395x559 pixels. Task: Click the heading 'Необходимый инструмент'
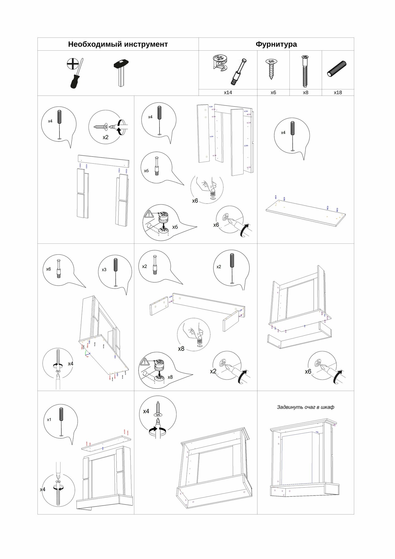pos(118,44)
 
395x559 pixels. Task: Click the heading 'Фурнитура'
pos(276,44)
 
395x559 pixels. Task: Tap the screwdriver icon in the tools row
pos(75,73)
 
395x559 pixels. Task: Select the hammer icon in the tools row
pos(121,72)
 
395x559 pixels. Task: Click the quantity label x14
pos(228,93)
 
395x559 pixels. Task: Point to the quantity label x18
pos(338,93)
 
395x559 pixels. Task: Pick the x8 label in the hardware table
pos(306,93)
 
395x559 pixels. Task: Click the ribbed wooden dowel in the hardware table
pos(337,69)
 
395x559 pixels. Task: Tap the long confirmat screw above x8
pos(305,71)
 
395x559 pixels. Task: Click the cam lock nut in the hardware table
pos(219,63)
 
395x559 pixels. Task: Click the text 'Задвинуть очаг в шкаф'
pos(305,407)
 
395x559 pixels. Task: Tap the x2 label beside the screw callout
pos(105,137)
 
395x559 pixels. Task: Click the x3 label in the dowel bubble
pos(104,270)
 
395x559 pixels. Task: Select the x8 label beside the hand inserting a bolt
pos(181,349)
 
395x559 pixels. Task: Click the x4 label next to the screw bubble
pos(146,411)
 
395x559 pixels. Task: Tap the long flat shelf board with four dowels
pos(305,213)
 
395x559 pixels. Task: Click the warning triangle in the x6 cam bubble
pos(149,214)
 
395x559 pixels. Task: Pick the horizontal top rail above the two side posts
pos(103,161)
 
